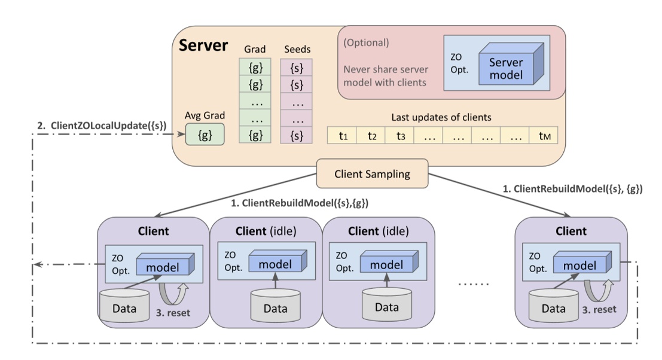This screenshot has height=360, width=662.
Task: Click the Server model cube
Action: [506, 67]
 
